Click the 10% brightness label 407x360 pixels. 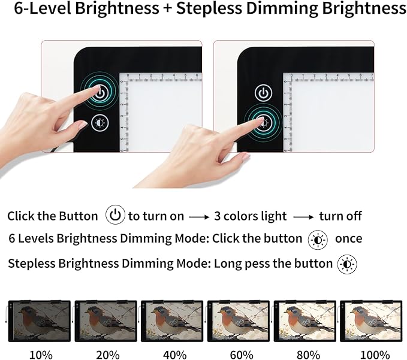(x=41, y=354)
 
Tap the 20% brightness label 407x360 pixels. (x=107, y=354)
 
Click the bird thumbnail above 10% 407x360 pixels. (x=40, y=320)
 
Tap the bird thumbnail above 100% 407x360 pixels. (x=372, y=320)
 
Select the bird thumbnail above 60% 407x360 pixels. (x=239, y=320)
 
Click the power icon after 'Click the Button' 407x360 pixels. (x=115, y=215)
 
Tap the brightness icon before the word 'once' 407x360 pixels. (x=318, y=239)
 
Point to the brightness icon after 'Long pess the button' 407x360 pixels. (x=347, y=264)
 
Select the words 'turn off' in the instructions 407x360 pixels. (x=340, y=216)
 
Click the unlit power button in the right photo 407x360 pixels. (x=264, y=93)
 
